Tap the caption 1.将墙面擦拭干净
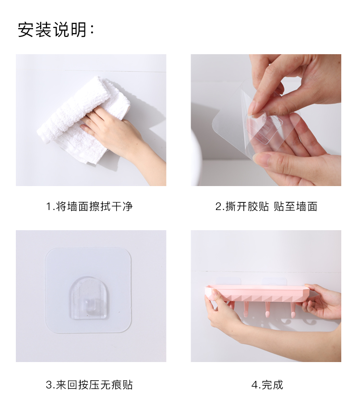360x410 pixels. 89,207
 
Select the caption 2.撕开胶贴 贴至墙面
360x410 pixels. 266,207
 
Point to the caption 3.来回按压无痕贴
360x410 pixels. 89,385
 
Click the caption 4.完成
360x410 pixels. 267,385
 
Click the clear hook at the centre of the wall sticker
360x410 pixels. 88,299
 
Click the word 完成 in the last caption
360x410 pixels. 272,385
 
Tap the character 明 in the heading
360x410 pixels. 79,29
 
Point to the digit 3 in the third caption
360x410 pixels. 49,385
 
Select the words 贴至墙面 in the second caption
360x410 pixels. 296,207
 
